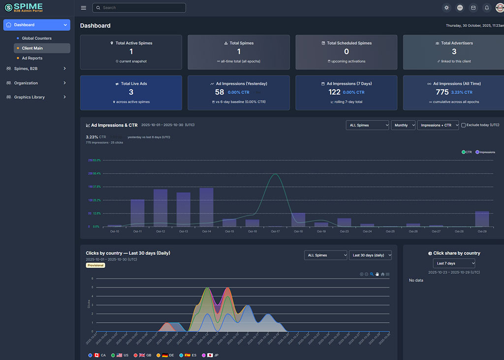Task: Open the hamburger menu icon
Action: (x=83, y=8)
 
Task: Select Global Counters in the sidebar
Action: (x=36, y=38)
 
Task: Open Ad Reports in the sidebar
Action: (x=32, y=58)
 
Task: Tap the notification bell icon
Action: (x=486, y=8)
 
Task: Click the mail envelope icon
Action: (x=473, y=8)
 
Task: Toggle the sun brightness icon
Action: (x=446, y=8)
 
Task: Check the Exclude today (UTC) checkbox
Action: (x=464, y=125)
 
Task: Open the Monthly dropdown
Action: (x=403, y=125)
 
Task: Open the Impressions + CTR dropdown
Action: (x=438, y=125)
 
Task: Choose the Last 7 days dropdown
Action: (x=454, y=264)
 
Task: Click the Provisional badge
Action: (x=95, y=265)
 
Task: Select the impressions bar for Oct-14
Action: (x=206, y=207)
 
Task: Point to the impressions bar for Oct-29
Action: (x=482, y=219)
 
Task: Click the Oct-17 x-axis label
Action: (x=275, y=231)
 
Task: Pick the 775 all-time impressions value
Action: (x=442, y=92)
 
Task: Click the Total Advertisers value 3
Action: (x=454, y=52)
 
